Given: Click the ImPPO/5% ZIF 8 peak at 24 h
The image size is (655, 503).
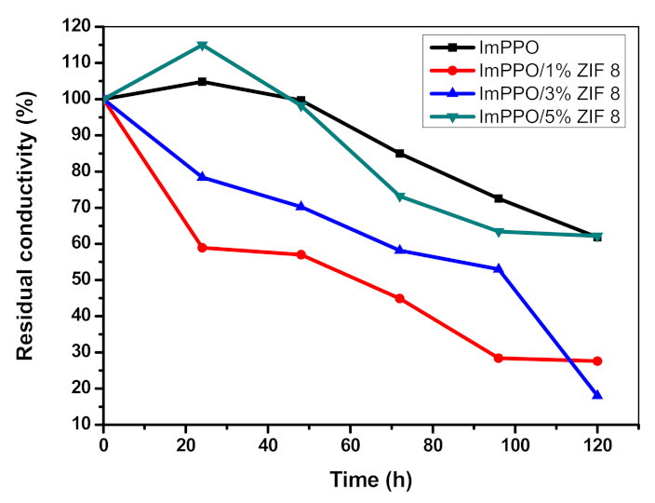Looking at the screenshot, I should (x=202, y=45).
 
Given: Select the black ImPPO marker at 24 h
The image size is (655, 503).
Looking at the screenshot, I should (x=202, y=82).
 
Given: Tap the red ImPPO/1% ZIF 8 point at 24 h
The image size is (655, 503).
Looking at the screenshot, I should (x=202, y=248).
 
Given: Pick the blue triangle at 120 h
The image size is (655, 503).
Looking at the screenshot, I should (x=597, y=395).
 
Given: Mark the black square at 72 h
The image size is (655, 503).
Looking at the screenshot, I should (x=400, y=153).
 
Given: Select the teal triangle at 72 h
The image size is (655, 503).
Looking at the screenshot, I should (x=400, y=197).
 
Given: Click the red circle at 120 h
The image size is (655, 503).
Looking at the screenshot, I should (x=597, y=360).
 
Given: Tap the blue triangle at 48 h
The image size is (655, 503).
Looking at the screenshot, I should (x=301, y=206).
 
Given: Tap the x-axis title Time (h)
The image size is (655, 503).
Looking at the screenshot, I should (x=369, y=481).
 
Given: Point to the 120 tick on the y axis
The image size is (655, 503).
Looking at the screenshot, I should (x=81, y=27).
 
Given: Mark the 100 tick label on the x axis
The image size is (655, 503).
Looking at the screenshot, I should (x=515, y=444).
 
